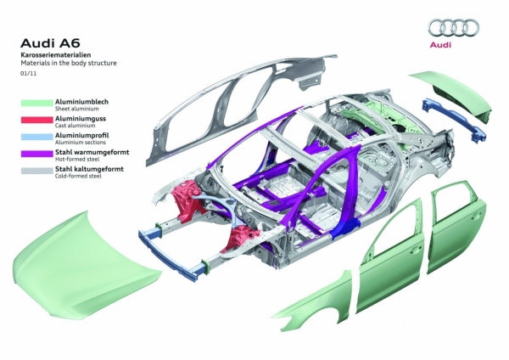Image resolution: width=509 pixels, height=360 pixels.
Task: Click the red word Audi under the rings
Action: (440, 45)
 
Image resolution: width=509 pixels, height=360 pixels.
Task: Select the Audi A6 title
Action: (50, 43)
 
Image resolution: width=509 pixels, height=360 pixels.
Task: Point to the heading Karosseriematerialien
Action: (55, 55)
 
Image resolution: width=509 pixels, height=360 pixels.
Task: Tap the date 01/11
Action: (29, 73)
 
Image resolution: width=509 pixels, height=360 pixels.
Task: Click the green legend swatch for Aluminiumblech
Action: (36, 103)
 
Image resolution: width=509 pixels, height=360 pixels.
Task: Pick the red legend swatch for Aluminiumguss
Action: (36, 120)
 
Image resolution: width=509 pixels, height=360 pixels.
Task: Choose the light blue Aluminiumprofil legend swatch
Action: (36, 137)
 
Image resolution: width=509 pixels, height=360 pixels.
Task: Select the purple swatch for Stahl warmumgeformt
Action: (36, 154)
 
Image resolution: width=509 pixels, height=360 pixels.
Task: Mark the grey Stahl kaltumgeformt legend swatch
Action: (36, 171)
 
